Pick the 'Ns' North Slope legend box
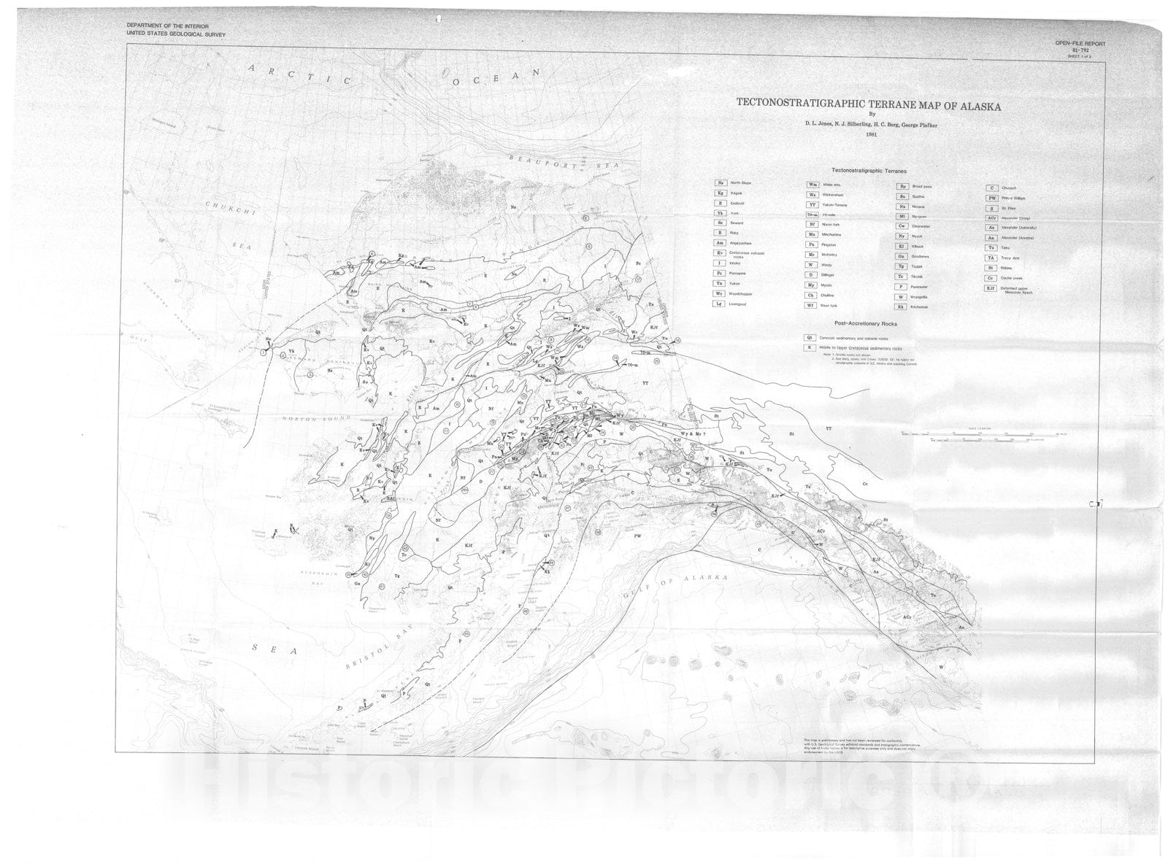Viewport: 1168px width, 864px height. (721, 183)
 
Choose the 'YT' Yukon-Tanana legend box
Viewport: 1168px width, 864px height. (812, 206)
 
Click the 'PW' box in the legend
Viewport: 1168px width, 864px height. (991, 198)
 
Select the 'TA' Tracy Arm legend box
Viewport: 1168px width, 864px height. (991, 258)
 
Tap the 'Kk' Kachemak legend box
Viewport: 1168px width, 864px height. (902, 307)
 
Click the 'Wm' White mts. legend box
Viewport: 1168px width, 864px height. (812, 185)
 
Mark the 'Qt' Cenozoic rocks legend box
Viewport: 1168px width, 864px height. (809, 338)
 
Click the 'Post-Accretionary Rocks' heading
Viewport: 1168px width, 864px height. (866, 323)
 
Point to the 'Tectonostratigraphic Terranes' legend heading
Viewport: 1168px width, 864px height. (867, 170)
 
